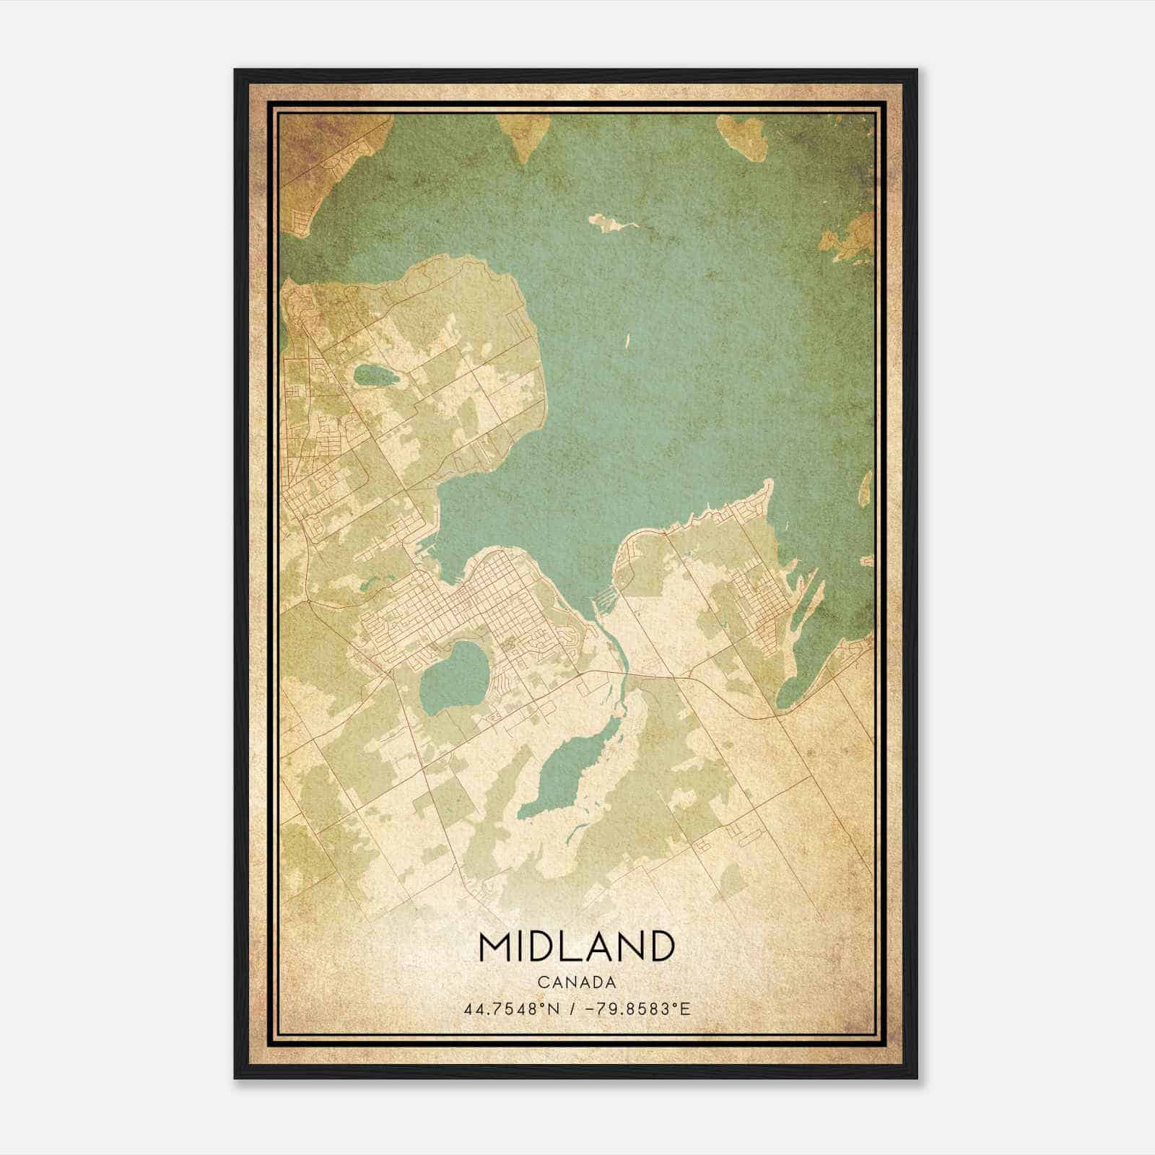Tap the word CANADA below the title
point(576,982)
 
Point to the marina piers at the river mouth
point(605,599)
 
